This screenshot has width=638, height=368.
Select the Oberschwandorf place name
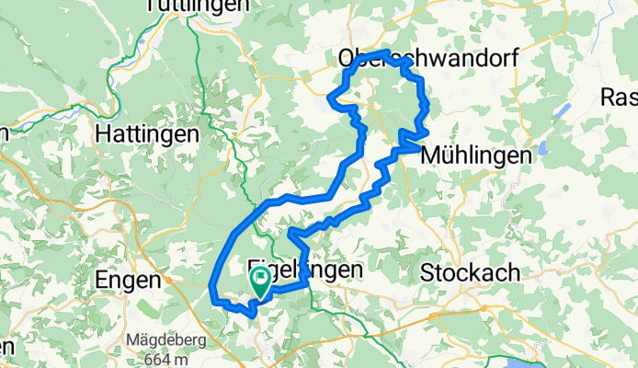[x=428, y=58]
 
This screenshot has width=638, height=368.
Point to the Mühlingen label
[x=475, y=156]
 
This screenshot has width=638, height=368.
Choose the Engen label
[x=130, y=278]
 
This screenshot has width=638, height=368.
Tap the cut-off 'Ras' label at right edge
[x=618, y=97]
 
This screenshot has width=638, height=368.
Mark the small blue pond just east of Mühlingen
[x=544, y=148]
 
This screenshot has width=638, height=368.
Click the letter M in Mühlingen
[x=429, y=156]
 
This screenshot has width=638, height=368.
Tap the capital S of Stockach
[x=427, y=272]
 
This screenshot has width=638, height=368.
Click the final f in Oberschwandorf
[x=513, y=58]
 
